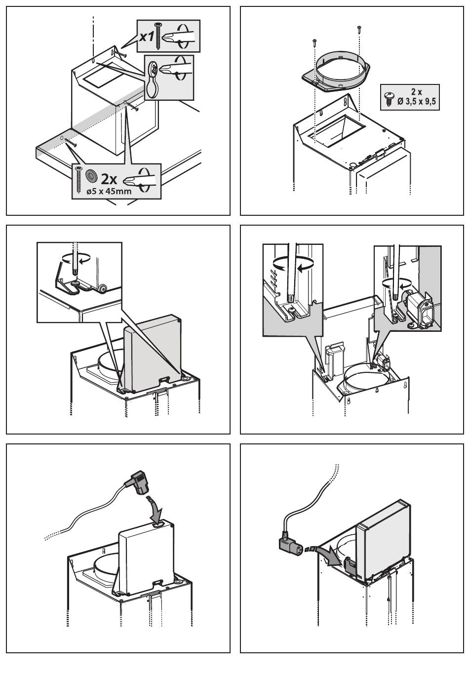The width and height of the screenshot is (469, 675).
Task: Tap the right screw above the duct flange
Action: pyautogui.click(x=358, y=28)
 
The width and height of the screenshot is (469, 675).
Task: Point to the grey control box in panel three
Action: pyautogui.click(x=151, y=353)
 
